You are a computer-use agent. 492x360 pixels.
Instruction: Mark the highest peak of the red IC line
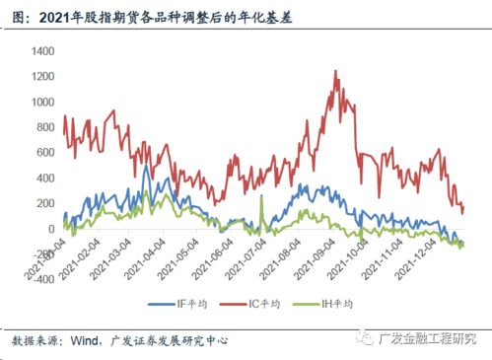336,71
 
